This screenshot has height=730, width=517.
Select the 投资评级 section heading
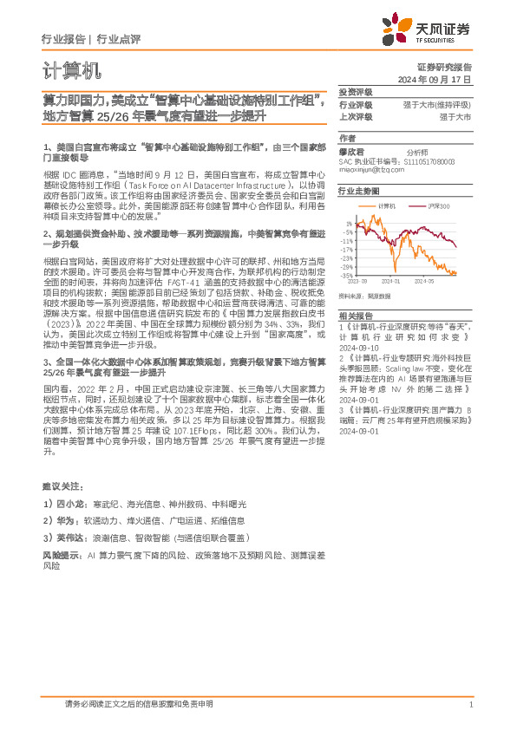pos(355,92)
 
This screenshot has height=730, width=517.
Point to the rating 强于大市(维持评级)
pos(442,104)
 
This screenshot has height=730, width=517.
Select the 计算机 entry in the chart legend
pos(388,205)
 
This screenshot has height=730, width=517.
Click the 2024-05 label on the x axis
pos(424,282)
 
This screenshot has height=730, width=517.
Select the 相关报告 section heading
pos(355,316)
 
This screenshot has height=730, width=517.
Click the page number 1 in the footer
pos(469,704)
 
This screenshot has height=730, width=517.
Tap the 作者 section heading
pos(347,138)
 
